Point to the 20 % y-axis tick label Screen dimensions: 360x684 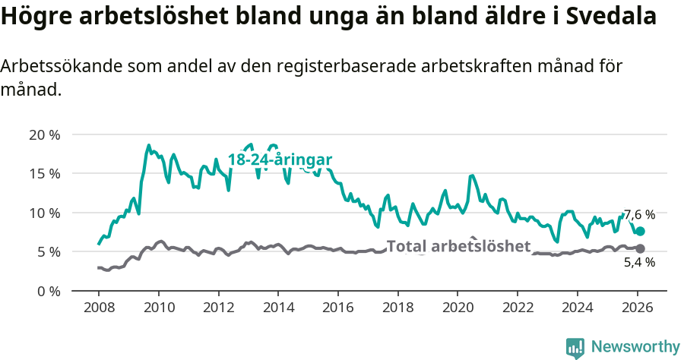[44, 134]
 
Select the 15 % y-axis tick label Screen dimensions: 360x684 [44, 173]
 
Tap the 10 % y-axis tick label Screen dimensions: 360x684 [44, 213]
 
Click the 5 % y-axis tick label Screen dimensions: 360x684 [48, 251]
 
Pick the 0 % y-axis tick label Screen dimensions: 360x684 [48, 291]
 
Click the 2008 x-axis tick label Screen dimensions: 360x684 [99, 308]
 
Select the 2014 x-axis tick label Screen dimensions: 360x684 [278, 308]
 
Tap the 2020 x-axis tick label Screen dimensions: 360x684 [458, 308]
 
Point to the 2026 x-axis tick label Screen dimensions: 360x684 [637, 308]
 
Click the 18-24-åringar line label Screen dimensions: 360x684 [280, 160]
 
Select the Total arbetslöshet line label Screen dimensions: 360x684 [458, 246]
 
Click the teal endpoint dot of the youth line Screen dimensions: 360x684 [640, 231]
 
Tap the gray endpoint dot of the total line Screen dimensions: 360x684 [640, 248]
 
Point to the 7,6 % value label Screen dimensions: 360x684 [639, 215]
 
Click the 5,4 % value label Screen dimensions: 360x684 [639, 263]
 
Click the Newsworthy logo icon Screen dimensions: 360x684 [575, 347]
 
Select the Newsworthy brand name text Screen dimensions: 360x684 [635, 347]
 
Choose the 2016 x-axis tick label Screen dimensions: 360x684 [338, 308]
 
